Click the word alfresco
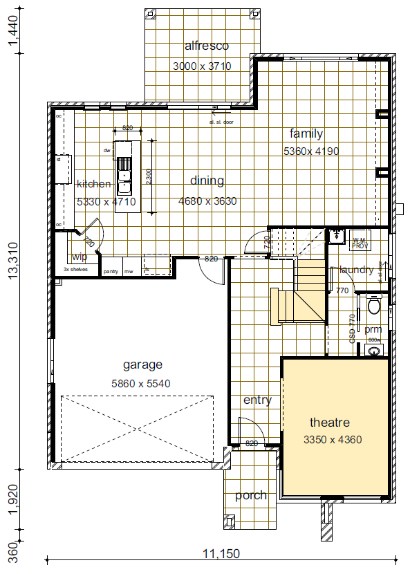pyautogui.click(x=206, y=46)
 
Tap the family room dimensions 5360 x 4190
pyautogui.click(x=310, y=151)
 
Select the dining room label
pyautogui.click(x=207, y=181)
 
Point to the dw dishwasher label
pyautogui.click(x=107, y=150)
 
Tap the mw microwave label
pyautogui.click(x=128, y=271)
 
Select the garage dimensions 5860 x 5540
pyautogui.click(x=142, y=383)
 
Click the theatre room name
pyautogui.click(x=329, y=423)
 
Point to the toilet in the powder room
pyautogui.click(x=374, y=304)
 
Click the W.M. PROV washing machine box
pyautogui.click(x=360, y=240)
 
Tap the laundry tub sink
pyautogui.click(x=336, y=236)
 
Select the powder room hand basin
pyautogui.click(x=374, y=350)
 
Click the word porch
pyautogui.click(x=250, y=495)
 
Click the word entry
pyautogui.click(x=257, y=400)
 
